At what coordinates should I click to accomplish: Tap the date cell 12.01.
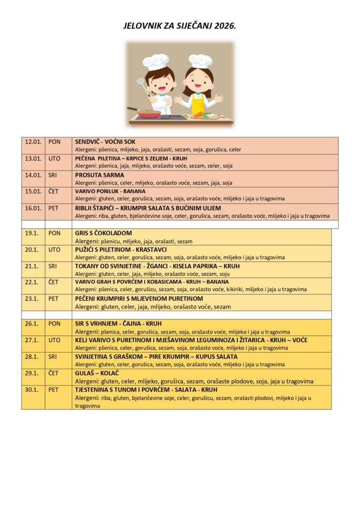(33, 141)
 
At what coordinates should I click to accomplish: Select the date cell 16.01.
(33, 208)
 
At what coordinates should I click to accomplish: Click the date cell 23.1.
(32, 298)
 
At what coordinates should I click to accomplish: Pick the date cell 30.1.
(32, 390)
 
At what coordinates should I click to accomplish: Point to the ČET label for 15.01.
(53, 191)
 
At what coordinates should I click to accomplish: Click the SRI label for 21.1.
(53, 266)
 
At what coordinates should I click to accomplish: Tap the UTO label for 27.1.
(54, 340)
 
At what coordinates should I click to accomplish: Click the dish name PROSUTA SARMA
(99, 175)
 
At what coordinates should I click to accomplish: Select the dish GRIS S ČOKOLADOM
(103, 233)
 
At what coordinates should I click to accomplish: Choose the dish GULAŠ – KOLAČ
(97, 373)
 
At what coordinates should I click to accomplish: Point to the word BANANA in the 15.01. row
(134, 191)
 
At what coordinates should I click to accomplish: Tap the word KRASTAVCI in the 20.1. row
(151, 249)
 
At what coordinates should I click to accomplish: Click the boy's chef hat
(156, 61)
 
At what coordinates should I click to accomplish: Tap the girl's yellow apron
(198, 104)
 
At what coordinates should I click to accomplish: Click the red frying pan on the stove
(148, 113)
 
